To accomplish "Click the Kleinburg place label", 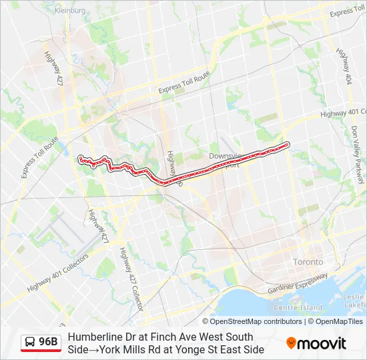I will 70,11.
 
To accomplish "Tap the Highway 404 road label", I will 342,64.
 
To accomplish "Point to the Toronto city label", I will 308,262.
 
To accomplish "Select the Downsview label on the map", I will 224,156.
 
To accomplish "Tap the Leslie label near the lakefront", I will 354,295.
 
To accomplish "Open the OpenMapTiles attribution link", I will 339,321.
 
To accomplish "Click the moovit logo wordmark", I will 323,343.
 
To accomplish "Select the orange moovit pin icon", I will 291,343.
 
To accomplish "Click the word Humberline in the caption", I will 94,337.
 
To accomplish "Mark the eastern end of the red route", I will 287,144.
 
